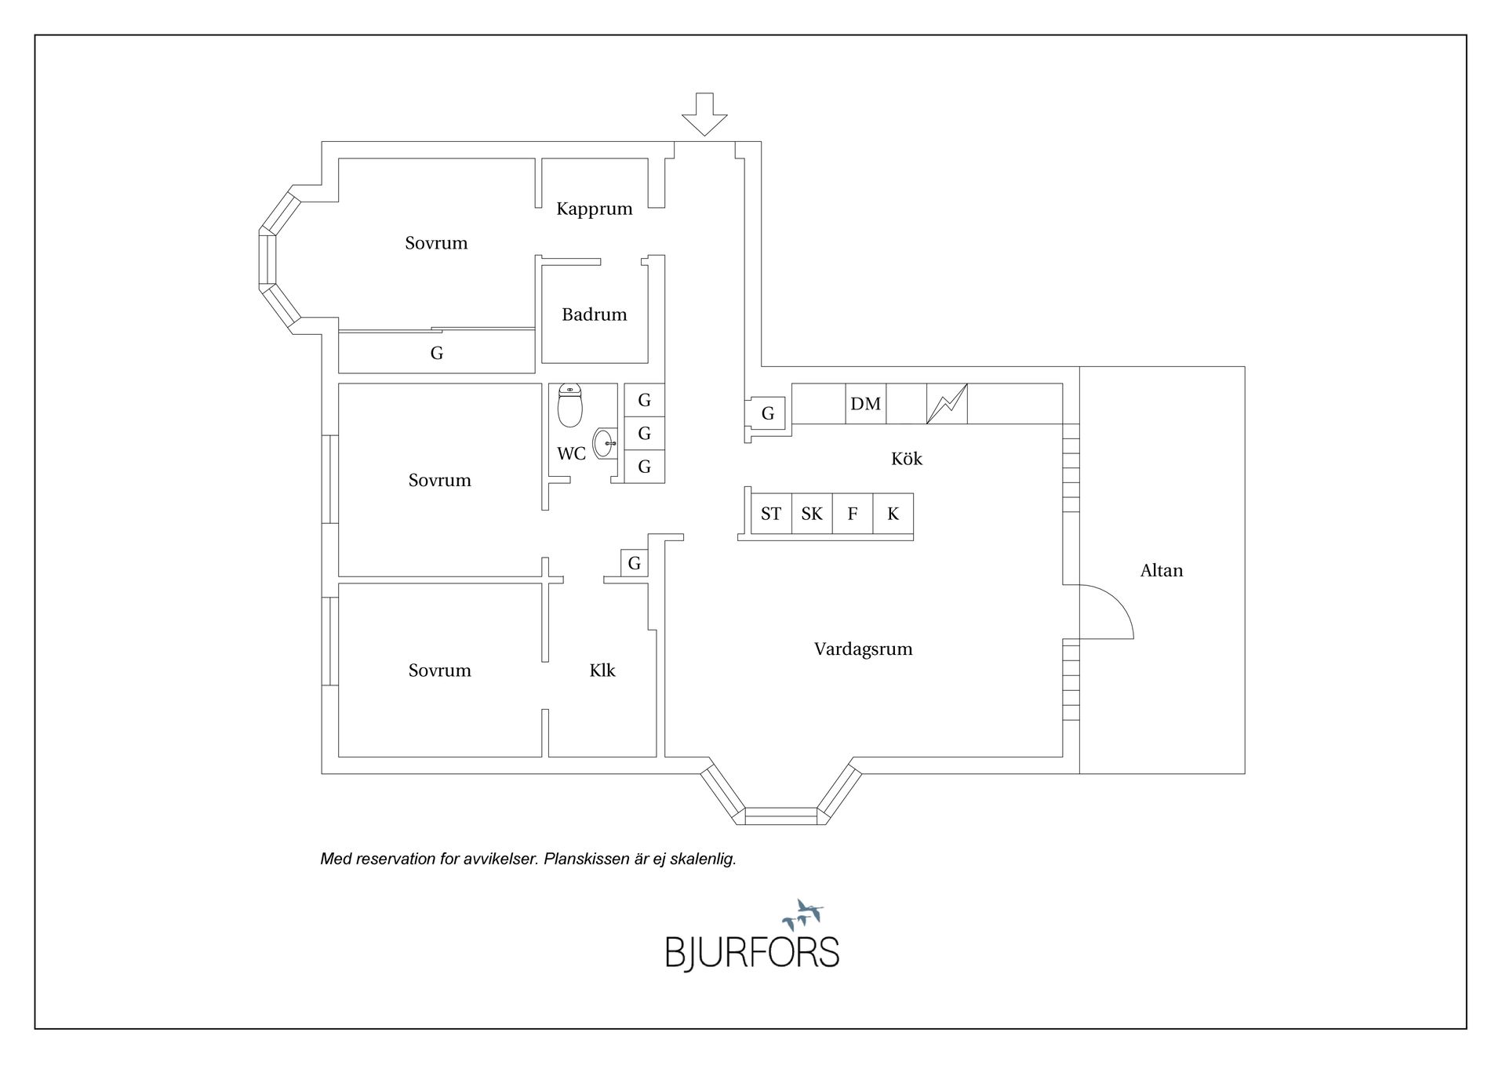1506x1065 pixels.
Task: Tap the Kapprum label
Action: (594, 209)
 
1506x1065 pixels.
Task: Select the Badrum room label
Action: (594, 314)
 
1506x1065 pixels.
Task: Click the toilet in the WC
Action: (569, 405)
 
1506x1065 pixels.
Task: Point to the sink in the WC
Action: (606, 444)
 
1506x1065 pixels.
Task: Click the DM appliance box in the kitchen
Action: (865, 404)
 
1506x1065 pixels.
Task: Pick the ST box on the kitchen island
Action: (771, 514)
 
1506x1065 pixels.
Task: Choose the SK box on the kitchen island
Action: (812, 514)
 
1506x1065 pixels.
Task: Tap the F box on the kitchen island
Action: (853, 514)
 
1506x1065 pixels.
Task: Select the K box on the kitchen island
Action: (893, 514)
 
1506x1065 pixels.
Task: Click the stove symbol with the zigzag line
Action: (947, 404)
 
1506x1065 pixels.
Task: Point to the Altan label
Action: (1161, 571)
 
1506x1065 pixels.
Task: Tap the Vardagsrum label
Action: (863, 649)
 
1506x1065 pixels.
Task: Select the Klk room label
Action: (602, 671)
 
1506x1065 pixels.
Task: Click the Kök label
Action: (906, 459)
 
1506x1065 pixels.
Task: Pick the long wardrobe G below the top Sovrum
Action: (437, 353)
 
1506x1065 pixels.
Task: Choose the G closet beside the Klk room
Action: (635, 563)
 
